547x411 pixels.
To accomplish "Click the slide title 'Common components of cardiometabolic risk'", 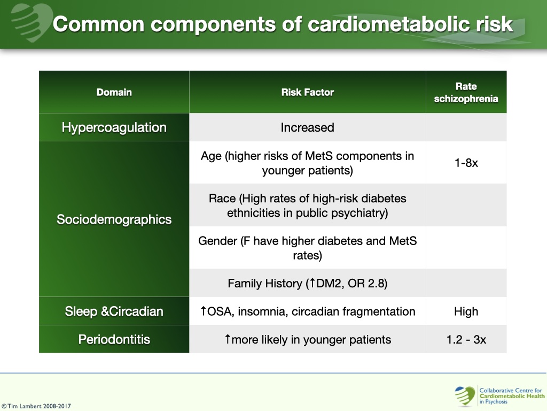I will coord(283,24).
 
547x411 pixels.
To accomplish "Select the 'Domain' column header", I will coord(114,92).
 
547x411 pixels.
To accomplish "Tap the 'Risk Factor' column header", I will coord(307,92).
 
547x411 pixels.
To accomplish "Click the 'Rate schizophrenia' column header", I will coord(466,92).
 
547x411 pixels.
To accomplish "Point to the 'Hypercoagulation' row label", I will coord(114,127).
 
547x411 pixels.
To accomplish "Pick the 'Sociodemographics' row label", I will coord(114,219).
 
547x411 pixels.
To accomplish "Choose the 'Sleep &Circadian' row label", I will coord(114,311).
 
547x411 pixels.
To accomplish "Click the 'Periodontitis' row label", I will coord(114,339).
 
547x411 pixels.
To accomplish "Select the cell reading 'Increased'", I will coord(307,127).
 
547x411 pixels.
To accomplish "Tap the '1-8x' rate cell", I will coord(466,163).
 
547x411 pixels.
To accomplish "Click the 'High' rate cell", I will coord(466,311).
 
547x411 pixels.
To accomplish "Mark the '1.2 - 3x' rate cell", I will coord(466,339).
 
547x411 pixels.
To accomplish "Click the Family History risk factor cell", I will coord(307,283).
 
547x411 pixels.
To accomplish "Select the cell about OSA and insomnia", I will coord(307,311).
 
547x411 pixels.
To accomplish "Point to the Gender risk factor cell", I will coord(307,248).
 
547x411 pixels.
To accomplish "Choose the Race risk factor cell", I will coord(307,205).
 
